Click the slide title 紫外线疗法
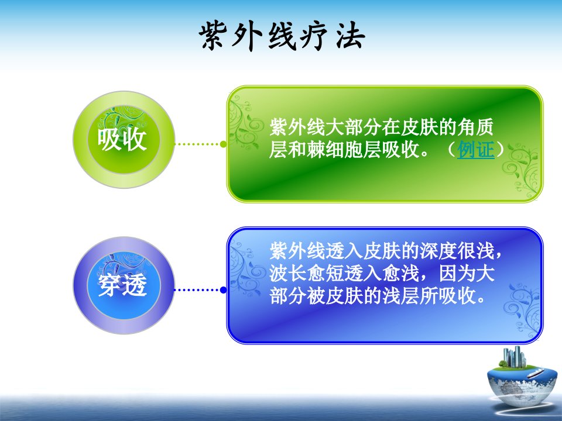[282, 36]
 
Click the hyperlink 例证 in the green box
[475, 149]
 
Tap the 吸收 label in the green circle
[122, 139]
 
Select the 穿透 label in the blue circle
[122, 285]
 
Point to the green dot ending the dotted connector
[223, 144]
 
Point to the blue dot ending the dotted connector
[223, 289]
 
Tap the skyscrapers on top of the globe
[514, 357]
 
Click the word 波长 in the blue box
[288, 273]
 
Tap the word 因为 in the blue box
[457, 273]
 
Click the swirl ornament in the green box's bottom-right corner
[522, 170]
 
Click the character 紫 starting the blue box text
[279, 251]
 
